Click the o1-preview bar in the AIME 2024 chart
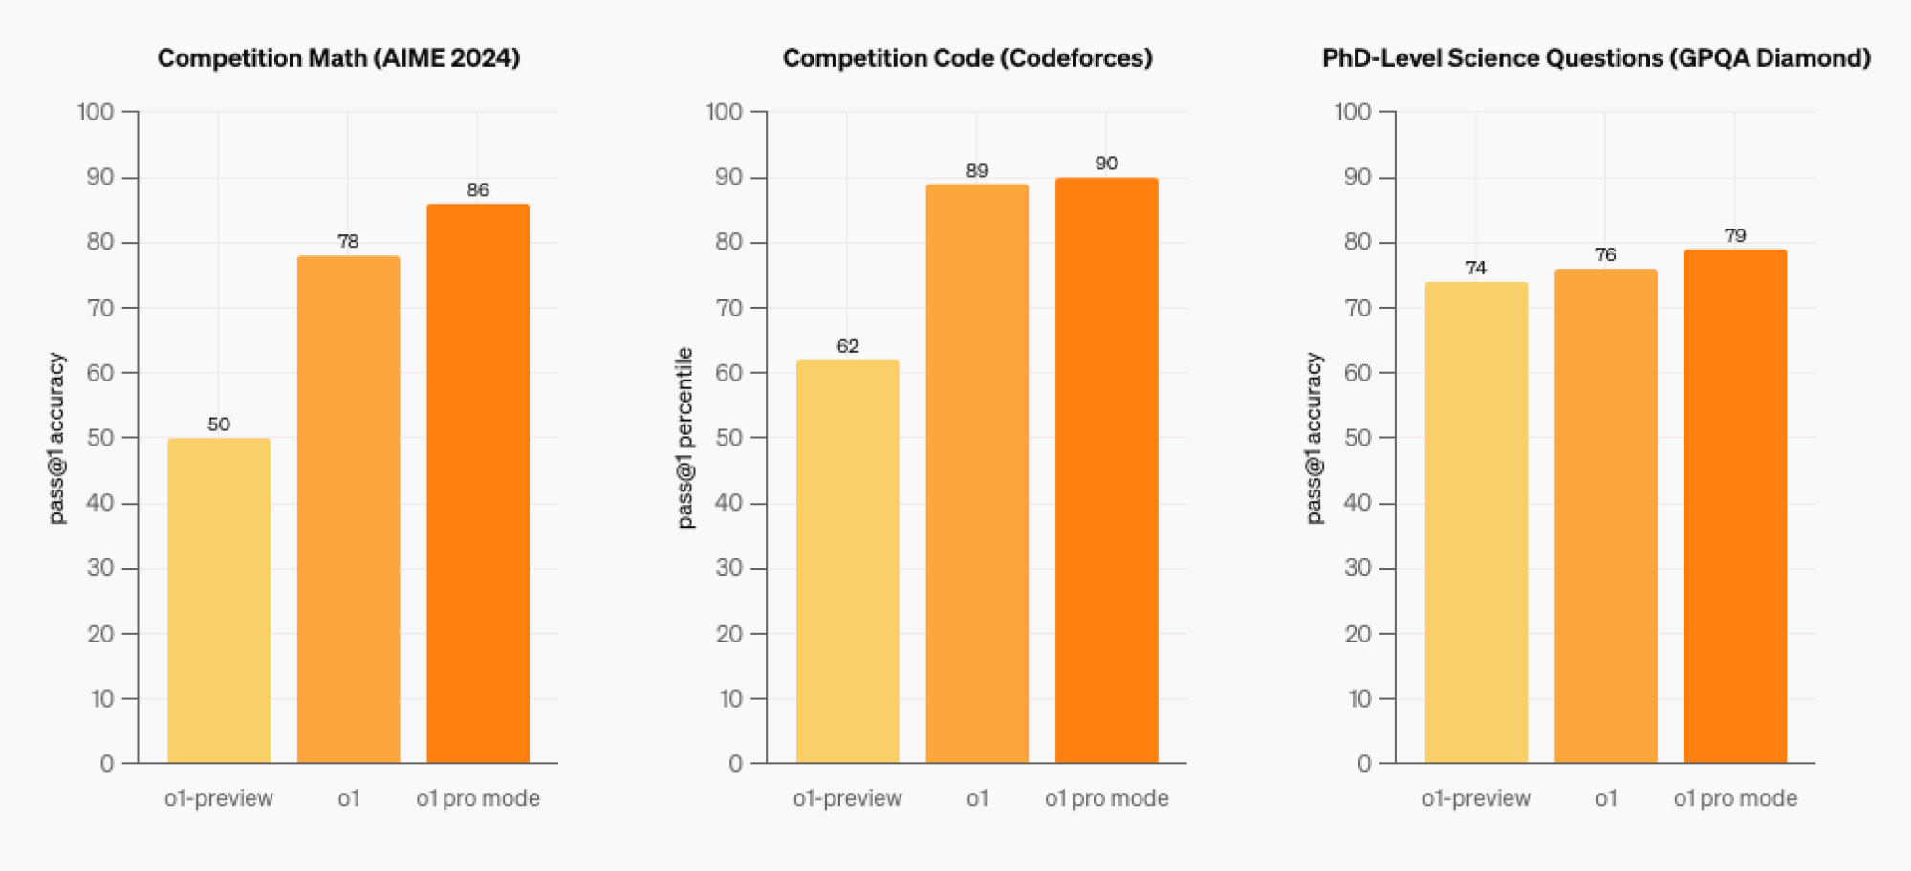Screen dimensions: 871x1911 (x=219, y=600)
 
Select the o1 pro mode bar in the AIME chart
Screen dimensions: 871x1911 (x=478, y=483)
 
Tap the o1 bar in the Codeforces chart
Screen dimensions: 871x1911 (x=977, y=473)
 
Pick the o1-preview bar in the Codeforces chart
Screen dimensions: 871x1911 (x=848, y=561)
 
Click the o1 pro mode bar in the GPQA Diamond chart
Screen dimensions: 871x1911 (x=1735, y=506)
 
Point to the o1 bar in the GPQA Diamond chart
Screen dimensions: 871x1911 (x=1606, y=515)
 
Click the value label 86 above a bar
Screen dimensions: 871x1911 (x=478, y=189)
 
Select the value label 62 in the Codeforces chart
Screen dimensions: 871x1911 (x=848, y=345)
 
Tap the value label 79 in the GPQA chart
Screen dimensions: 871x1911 (x=1735, y=235)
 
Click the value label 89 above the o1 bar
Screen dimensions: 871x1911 (x=977, y=170)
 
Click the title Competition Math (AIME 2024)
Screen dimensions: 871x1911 (x=338, y=58)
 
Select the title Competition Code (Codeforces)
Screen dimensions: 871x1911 (x=967, y=58)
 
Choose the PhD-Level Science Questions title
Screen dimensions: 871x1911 (x=1596, y=58)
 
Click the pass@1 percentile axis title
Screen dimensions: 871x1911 (x=684, y=437)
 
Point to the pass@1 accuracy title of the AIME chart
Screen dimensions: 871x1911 (x=56, y=437)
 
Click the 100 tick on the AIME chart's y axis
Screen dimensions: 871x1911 (x=96, y=112)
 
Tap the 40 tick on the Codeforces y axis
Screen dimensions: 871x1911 (x=728, y=503)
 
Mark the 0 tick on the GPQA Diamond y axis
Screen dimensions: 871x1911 (x=1364, y=763)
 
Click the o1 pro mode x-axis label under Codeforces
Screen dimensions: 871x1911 (x=1106, y=798)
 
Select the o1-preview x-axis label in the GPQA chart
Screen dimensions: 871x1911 (x=1476, y=798)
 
